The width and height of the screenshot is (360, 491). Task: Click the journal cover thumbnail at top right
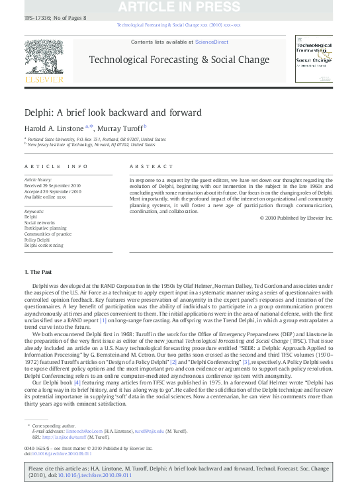click(315, 60)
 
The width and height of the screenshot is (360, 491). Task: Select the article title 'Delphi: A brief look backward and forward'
click(113, 112)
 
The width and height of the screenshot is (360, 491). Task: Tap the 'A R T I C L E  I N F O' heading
click(56, 167)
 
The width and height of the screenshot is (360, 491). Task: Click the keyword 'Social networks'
click(40, 222)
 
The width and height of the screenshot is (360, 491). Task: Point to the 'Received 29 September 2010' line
click(52, 185)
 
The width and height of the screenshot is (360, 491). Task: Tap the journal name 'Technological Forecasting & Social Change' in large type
click(179, 59)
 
